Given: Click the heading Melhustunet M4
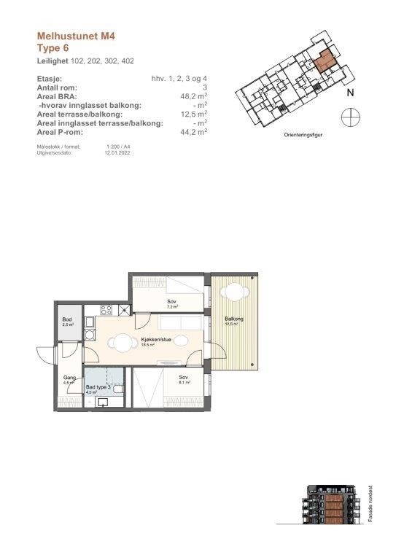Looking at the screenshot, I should click(x=77, y=34).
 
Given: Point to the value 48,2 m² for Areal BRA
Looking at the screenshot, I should click(x=193, y=96).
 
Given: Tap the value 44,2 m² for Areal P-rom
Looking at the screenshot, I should click(x=193, y=132).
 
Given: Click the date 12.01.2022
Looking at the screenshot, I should click(x=117, y=152).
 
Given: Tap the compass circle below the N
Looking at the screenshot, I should click(x=350, y=116).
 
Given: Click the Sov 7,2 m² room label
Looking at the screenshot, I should click(x=171, y=303).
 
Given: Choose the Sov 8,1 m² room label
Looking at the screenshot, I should click(x=184, y=378).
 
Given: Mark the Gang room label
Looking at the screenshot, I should click(x=68, y=378).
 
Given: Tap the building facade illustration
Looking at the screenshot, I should click(x=333, y=505).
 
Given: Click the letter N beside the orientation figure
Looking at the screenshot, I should click(x=350, y=93).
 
